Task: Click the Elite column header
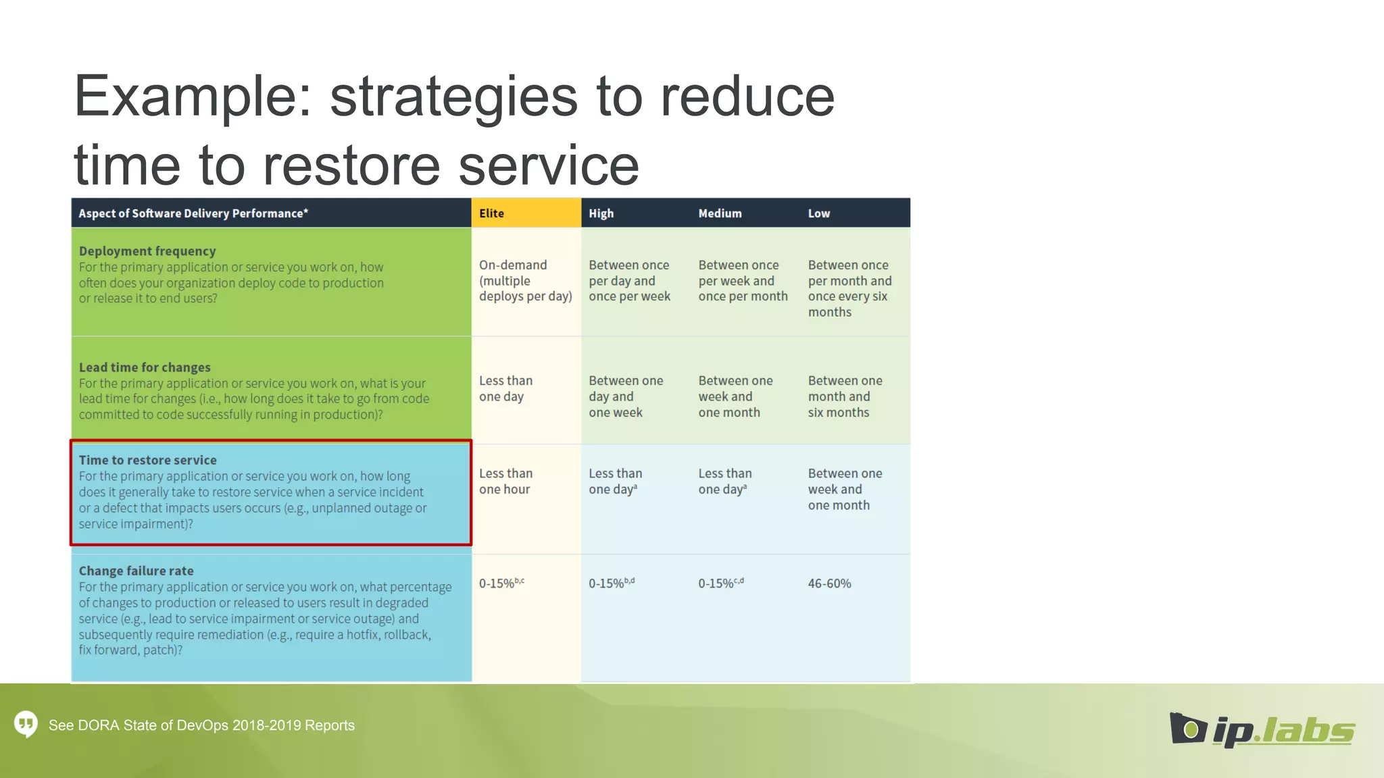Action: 491,213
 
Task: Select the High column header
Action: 601,213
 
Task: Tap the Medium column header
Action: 720,213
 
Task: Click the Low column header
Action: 818,213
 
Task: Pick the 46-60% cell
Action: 829,583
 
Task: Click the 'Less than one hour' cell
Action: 505,482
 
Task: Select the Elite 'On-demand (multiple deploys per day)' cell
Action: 525,281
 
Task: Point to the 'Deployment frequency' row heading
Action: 147,251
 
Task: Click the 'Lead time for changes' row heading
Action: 145,367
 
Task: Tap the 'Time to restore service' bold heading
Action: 147,460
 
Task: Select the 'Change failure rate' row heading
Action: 136,571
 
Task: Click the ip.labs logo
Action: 1261,729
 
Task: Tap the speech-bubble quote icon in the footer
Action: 26,724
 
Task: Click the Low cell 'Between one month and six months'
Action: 845,396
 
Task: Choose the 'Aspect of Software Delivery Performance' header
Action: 193,213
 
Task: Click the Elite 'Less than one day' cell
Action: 505,389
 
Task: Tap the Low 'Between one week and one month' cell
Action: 845,490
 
